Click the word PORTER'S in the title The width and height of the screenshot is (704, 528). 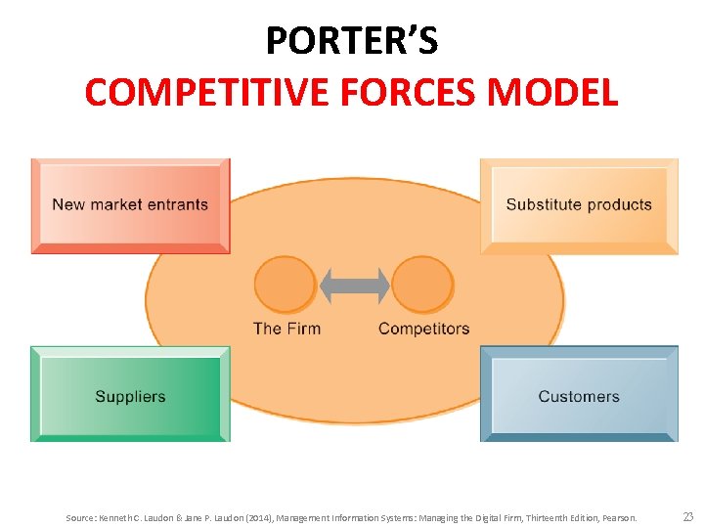(x=352, y=41)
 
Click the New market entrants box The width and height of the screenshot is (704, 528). (x=130, y=205)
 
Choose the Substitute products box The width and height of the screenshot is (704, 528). (x=579, y=205)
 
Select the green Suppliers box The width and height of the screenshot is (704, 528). (x=130, y=394)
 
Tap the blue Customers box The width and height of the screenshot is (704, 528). (x=579, y=394)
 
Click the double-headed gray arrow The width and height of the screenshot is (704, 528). (x=354, y=286)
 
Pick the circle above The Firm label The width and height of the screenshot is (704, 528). (x=286, y=285)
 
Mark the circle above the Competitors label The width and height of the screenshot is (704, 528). (x=422, y=285)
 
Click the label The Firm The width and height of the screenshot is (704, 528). (x=286, y=329)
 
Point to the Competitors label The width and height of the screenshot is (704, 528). (x=423, y=329)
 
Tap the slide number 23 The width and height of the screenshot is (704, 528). (x=687, y=517)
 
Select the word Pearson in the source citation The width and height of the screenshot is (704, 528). (x=619, y=518)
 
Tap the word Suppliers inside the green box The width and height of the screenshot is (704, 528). (x=130, y=397)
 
